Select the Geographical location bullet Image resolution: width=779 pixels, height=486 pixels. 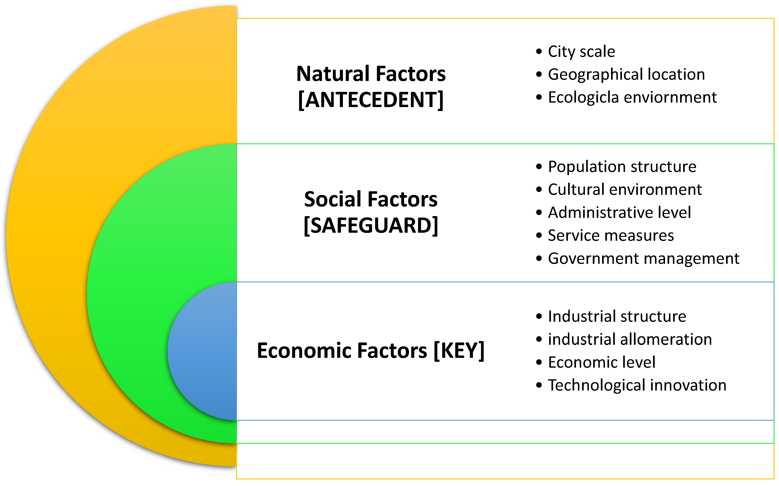(626, 75)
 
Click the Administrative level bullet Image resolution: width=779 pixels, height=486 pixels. (619, 213)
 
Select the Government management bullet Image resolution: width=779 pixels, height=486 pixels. (643, 259)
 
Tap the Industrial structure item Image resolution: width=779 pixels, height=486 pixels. (617, 317)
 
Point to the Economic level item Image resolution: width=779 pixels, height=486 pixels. (601, 362)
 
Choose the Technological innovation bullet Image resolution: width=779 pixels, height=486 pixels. (637, 385)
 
